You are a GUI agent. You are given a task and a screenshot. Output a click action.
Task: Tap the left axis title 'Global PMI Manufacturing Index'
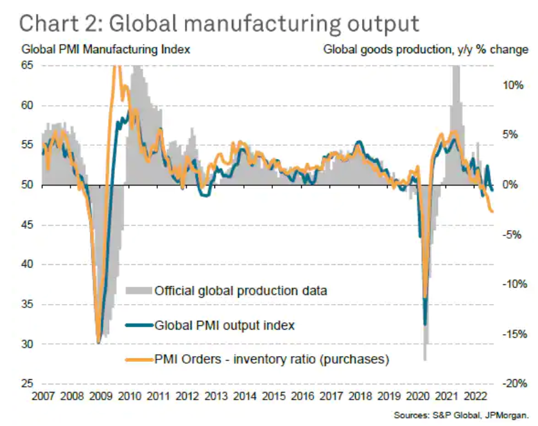click(106, 49)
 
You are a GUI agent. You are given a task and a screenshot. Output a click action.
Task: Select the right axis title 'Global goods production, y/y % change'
click(426, 49)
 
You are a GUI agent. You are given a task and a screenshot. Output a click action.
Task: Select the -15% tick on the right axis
click(512, 334)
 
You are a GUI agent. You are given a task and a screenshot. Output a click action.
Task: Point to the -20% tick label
click(512, 384)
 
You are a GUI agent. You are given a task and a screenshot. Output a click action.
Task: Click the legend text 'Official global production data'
click(241, 291)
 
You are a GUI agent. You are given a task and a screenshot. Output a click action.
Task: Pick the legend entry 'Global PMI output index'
click(225, 325)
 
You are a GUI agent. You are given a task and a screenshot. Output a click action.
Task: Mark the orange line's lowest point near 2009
click(98, 343)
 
